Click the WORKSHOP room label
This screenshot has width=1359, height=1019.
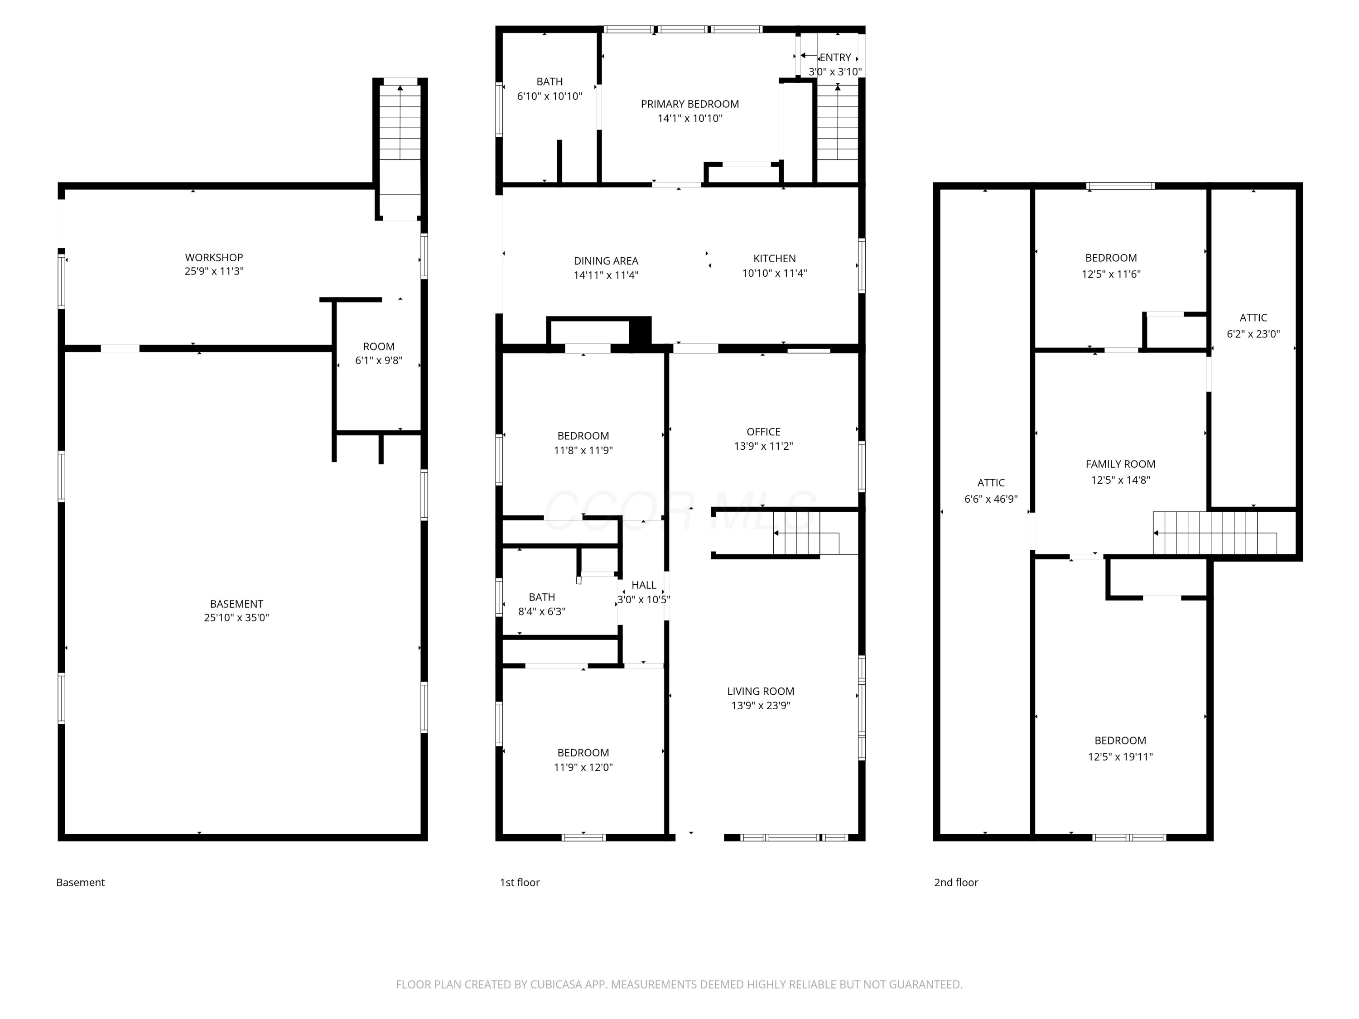pyautogui.click(x=214, y=257)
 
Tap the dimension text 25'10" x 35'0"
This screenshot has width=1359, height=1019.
pyautogui.click(x=236, y=618)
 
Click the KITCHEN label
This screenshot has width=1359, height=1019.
pyautogui.click(x=775, y=259)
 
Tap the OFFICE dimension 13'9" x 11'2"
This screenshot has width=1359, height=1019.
pyautogui.click(x=764, y=446)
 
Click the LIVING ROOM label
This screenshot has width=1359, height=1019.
pyautogui.click(x=761, y=691)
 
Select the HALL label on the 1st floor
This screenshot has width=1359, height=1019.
pyautogui.click(x=644, y=585)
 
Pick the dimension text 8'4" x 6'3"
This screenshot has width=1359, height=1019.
pyautogui.click(x=542, y=611)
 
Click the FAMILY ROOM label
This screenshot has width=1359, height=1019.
pyautogui.click(x=1121, y=464)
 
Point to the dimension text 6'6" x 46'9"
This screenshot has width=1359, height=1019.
pyautogui.click(x=991, y=499)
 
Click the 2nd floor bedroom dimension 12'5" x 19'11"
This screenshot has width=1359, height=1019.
pyautogui.click(x=1121, y=757)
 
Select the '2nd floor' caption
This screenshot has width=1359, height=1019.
pyautogui.click(x=956, y=882)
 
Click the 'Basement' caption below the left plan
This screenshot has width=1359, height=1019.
pyautogui.click(x=81, y=882)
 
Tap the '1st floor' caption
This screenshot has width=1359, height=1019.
pyautogui.click(x=520, y=882)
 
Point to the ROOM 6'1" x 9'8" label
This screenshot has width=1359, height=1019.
pyautogui.click(x=378, y=353)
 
